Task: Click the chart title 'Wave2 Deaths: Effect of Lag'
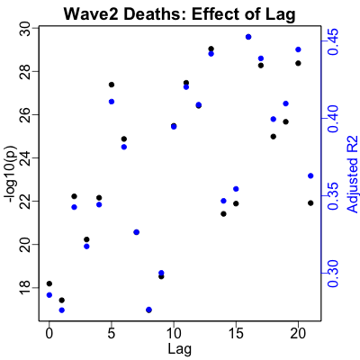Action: point(179,14)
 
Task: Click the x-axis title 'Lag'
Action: point(180,349)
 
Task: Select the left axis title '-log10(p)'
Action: point(12,175)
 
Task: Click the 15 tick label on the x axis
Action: point(236,334)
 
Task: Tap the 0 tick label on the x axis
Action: point(49,334)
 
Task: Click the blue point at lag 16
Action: point(248,37)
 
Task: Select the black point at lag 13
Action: point(211,49)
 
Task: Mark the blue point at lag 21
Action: point(310,175)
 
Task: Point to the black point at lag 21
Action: point(310,203)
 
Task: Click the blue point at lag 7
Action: point(137,232)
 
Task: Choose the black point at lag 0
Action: point(49,283)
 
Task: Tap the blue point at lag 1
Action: point(62,310)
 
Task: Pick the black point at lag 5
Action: point(112,85)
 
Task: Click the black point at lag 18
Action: point(274,137)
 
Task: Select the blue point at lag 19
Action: point(285,103)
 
